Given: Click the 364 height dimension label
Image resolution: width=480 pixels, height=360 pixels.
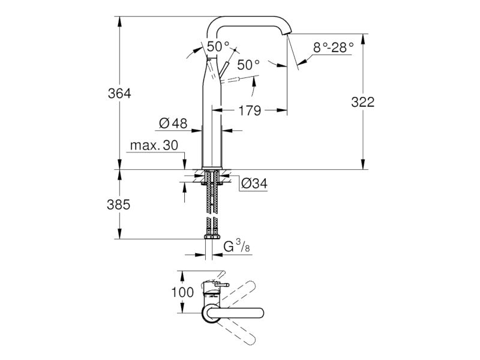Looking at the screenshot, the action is tap(119, 94).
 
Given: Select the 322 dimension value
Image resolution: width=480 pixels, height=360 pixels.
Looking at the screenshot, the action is tap(363, 102).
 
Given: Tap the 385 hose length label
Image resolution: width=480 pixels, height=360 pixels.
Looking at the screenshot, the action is tap(118, 205).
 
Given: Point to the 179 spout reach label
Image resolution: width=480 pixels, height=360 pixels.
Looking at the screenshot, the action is tap(250, 110).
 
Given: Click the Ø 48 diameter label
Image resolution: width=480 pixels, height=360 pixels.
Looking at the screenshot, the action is tap(173, 124).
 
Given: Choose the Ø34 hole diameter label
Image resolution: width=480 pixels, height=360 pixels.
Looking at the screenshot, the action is tap(254, 184).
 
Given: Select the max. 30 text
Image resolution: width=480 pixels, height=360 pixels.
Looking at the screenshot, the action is tap(154, 145).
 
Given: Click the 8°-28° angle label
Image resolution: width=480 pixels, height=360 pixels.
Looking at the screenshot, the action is tap(334, 47).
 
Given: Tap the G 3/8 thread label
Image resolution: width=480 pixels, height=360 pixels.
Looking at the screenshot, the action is tap(236, 247).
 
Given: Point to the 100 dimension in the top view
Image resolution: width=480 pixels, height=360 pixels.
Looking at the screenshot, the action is tap(182, 292).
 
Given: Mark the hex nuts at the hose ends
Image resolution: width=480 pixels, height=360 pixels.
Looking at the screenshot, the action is tap(211, 237).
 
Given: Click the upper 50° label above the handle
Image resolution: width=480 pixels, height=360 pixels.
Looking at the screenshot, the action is tap(218, 47).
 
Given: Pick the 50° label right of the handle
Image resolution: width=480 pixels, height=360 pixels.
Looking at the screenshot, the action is tap(248, 65).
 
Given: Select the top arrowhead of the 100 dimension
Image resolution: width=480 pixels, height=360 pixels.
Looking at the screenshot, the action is tap(182, 276).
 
